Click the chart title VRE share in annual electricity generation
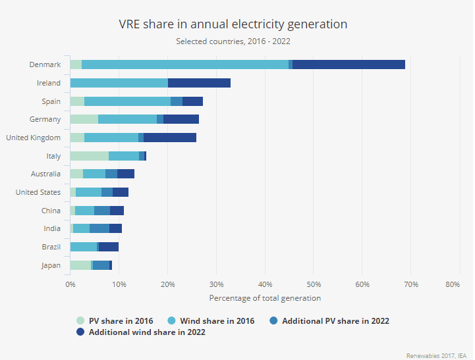(233, 24)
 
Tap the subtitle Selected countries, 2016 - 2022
(233, 41)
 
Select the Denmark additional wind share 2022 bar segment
(349, 64)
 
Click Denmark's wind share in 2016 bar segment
(184, 64)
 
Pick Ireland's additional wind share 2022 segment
(199, 83)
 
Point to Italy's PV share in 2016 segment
(89, 156)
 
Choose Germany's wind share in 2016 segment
(127, 119)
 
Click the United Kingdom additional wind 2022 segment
(169, 138)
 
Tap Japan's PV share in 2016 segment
(80, 265)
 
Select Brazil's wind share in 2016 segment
(83, 247)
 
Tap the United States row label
(38, 192)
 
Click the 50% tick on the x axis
(314, 284)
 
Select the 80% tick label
(452, 284)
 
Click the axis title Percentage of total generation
(265, 298)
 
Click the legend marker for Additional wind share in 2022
(80, 332)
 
